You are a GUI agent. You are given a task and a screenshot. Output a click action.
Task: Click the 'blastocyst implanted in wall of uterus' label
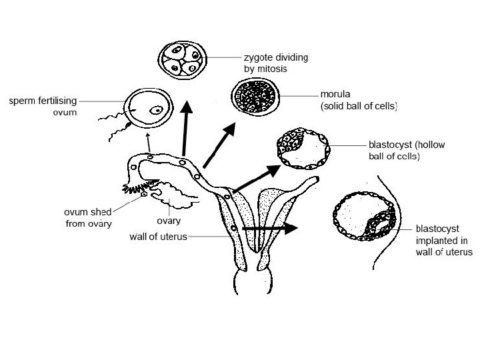443,239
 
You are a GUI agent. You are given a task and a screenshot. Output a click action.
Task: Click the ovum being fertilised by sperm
147,109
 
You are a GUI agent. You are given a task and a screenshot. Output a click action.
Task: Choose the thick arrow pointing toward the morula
219,144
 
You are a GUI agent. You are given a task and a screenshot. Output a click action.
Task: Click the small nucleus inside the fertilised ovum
157,110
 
